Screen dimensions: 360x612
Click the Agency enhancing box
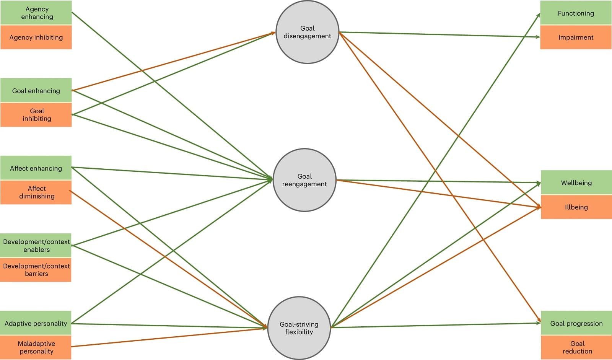click(36, 13)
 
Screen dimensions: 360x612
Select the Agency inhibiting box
click(36, 37)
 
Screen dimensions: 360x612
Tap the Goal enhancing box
click(36, 90)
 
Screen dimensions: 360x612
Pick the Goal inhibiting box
click(36, 115)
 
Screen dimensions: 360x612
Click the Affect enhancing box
click(36, 168)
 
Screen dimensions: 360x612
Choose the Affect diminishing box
click(36, 192)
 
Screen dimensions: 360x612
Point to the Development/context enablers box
click(36, 245)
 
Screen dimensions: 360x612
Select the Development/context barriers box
click(36, 270)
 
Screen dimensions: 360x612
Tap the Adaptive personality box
click(36, 323)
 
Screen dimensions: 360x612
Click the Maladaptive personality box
click(36, 347)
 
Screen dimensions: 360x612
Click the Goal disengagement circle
click(307, 32)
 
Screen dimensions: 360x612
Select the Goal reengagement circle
click(304, 180)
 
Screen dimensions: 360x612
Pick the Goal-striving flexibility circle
click(299, 328)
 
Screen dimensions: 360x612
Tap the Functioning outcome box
click(576, 13)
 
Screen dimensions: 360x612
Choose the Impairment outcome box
click(576, 37)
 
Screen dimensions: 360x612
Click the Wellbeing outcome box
click(576, 182)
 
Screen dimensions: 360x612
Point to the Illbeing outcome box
click(576, 207)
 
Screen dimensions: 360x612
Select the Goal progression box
click(576, 323)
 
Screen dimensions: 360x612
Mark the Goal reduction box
click(576, 347)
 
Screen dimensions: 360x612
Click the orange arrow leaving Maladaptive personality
click(168, 337)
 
